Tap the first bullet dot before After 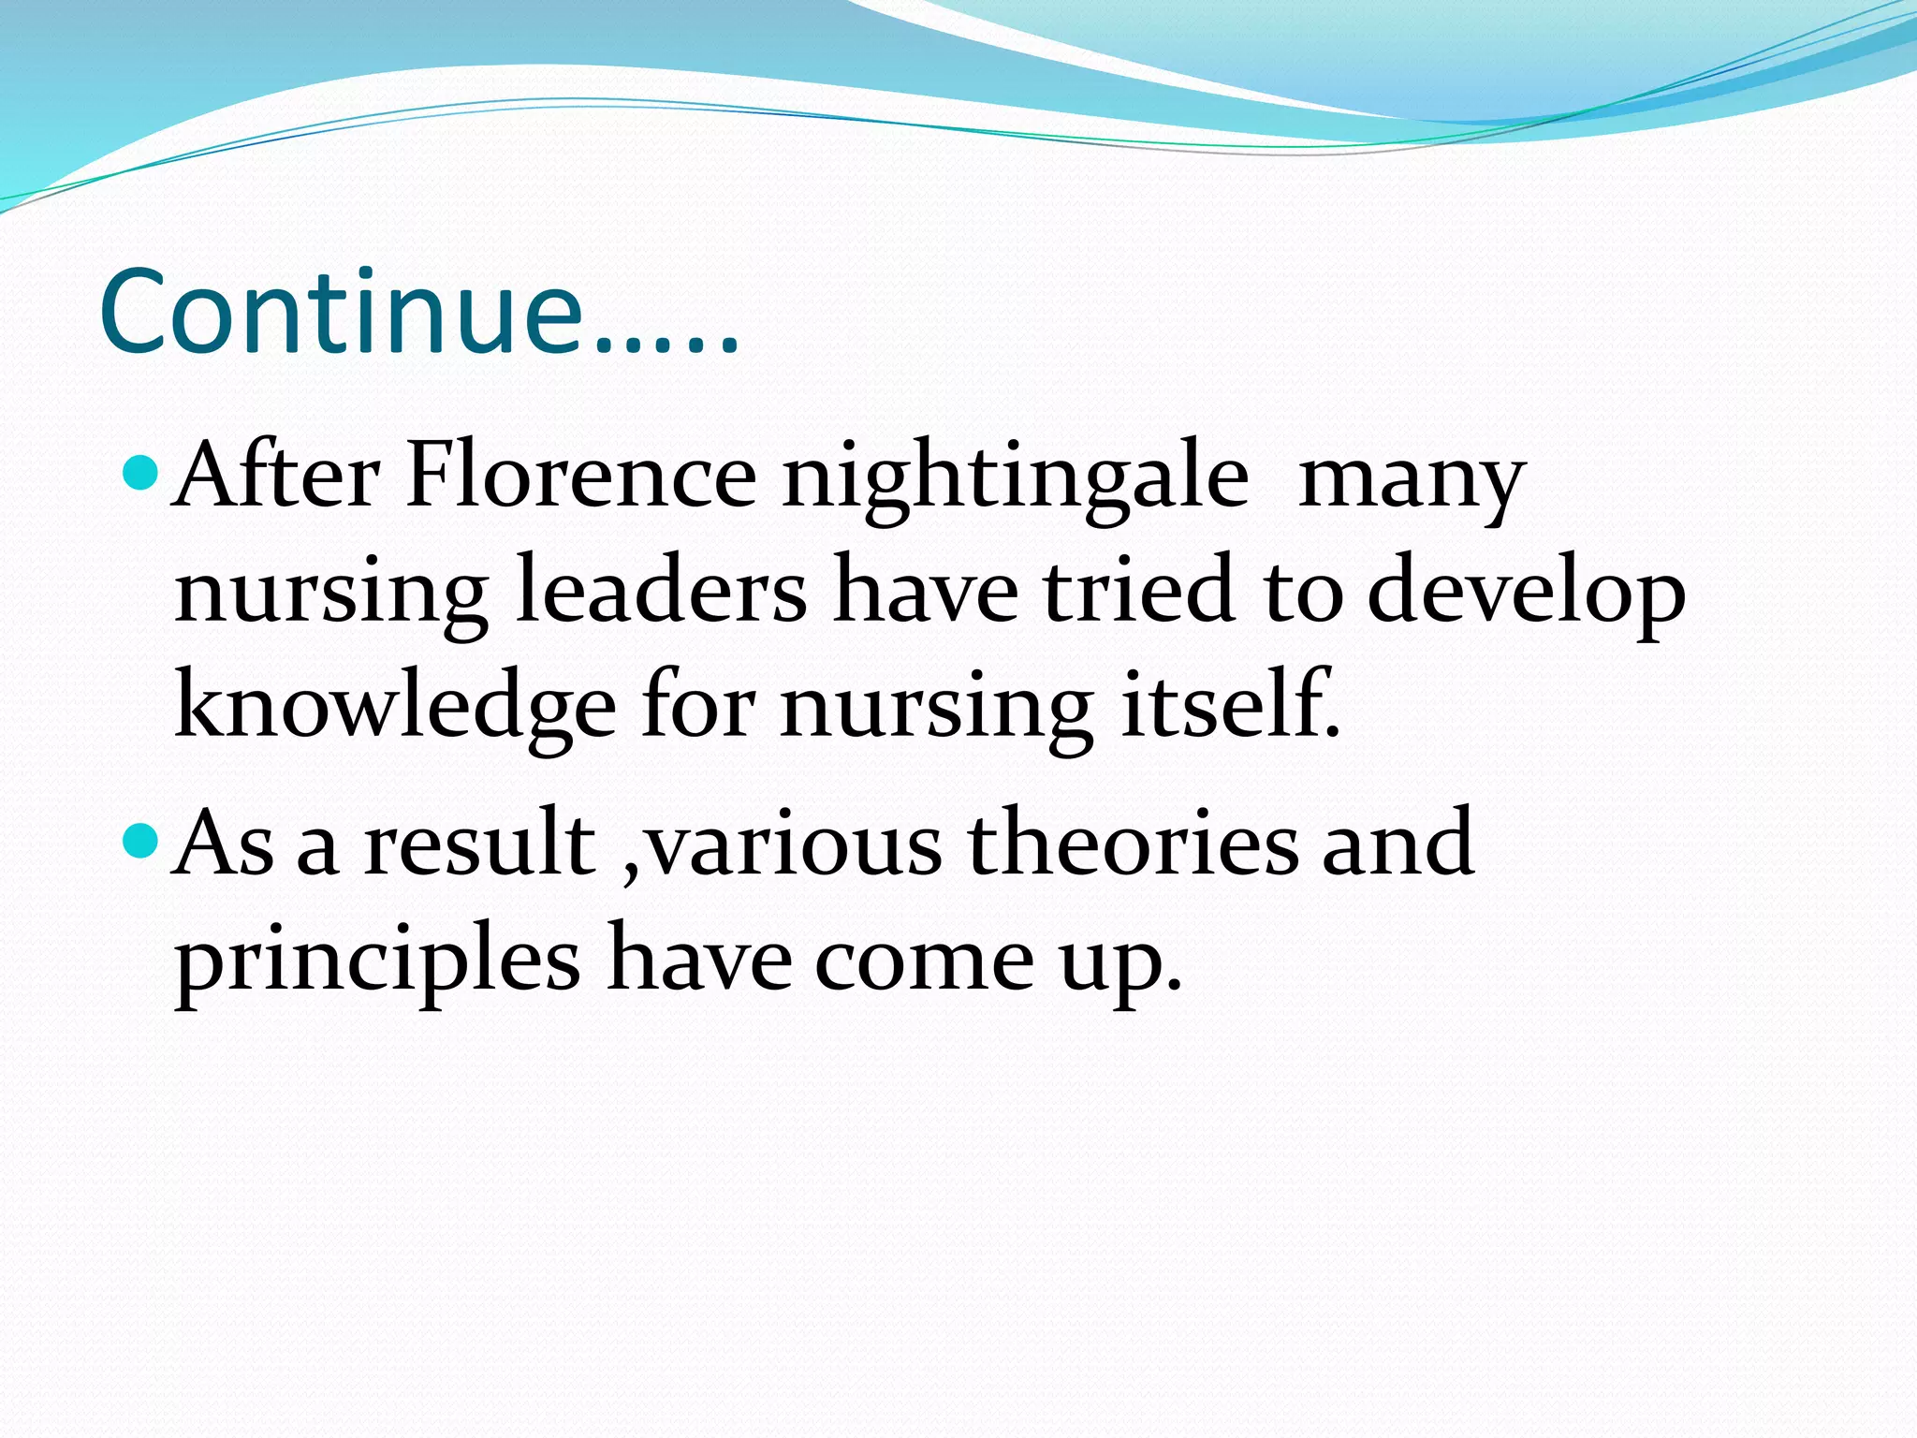pos(141,472)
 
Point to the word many pos(1412,482)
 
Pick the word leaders pos(661,590)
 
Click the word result pos(480,843)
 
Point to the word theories pos(1133,843)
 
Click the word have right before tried pos(926,590)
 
